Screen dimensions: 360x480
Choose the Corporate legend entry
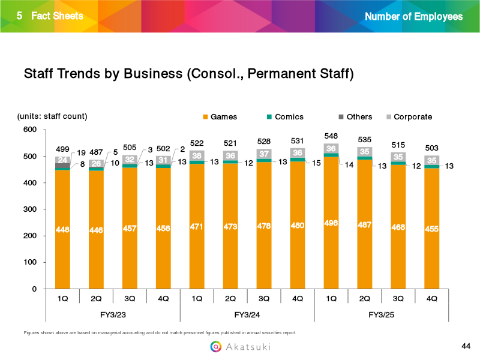click(409, 117)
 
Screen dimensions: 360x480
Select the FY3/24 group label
click(247, 314)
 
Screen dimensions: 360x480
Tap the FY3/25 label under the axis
click(381, 314)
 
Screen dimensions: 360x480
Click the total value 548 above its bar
click(331, 136)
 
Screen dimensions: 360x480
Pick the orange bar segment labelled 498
click(331, 223)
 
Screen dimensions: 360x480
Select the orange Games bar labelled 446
click(96, 230)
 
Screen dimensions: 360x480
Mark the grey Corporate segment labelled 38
click(197, 155)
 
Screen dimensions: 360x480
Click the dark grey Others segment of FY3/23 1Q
click(62, 166)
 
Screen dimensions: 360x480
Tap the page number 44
click(466, 346)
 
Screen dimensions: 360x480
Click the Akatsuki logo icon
click(215, 346)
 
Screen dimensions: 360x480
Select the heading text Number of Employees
click(413, 16)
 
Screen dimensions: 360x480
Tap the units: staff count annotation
click(52, 116)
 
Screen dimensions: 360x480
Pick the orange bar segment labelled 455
click(431, 229)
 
